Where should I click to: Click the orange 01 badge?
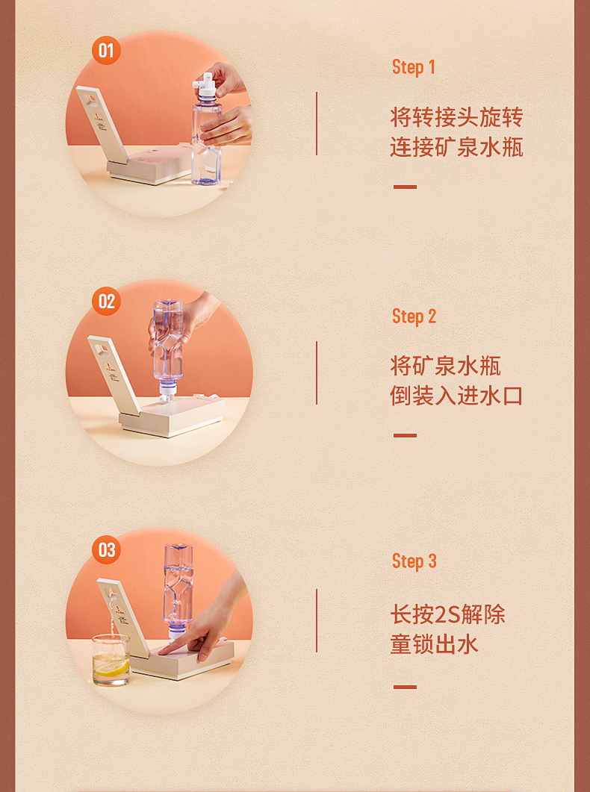[x=106, y=51]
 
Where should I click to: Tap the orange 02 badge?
[x=106, y=301]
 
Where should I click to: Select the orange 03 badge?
[x=106, y=549]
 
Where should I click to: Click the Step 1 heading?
[x=413, y=67]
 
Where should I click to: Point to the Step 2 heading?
[x=414, y=317]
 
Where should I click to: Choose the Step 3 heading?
[x=414, y=561]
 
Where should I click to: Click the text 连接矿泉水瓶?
[x=456, y=147]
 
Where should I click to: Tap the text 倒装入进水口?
[x=456, y=396]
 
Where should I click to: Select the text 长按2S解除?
[x=447, y=614]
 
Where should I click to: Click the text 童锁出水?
[x=434, y=644]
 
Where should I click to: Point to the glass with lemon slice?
[x=111, y=660]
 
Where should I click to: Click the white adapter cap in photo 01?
[x=206, y=85]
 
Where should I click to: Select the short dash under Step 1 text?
[x=405, y=187]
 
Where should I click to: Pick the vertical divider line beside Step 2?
[x=317, y=372]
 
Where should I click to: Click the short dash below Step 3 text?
[x=405, y=687]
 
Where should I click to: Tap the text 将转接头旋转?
[x=456, y=117]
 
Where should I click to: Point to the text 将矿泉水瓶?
[x=445, y=366]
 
